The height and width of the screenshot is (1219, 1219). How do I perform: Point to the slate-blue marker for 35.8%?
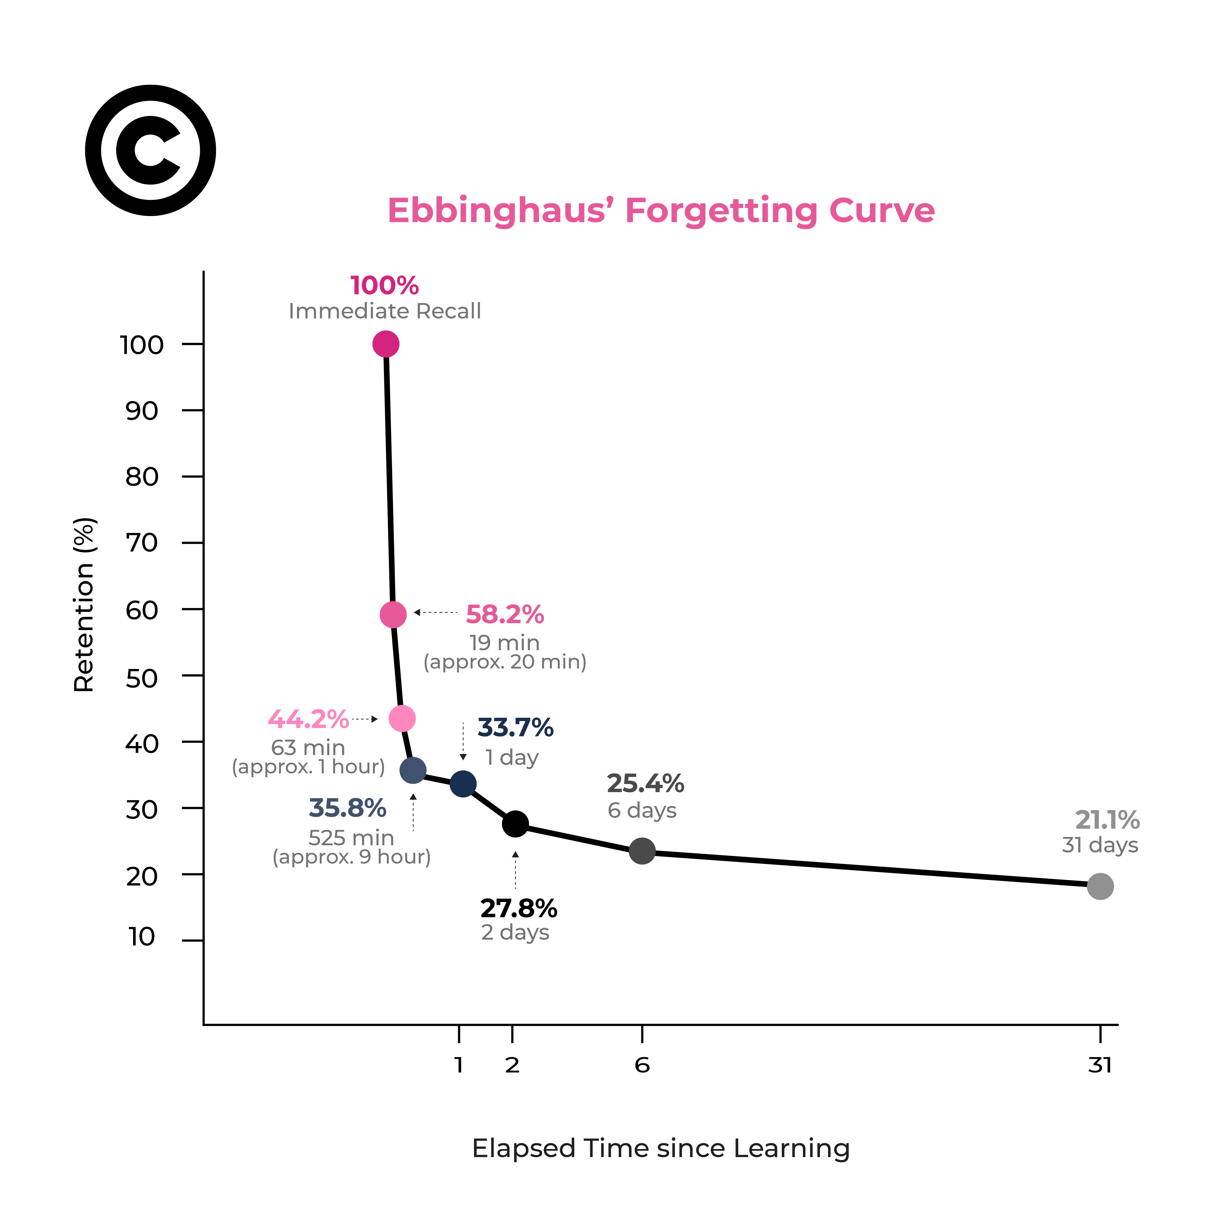pos(413,770)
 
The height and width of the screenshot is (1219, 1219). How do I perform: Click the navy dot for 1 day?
pos(463,784)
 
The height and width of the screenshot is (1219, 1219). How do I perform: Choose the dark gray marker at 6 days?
pos(642,851)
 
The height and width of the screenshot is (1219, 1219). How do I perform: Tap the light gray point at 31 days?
pos(1100,886)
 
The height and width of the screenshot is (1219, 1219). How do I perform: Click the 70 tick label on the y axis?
pos(142,543)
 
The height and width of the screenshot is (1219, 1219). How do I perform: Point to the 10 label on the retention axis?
pos(142,937)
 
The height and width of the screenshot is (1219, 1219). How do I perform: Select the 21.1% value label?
pos(1107,820)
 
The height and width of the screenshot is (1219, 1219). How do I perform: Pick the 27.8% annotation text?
pos(519,909)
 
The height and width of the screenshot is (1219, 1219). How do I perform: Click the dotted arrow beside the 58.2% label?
pos(435,612)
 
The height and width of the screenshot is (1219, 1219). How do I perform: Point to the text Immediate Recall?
pos(385,311)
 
